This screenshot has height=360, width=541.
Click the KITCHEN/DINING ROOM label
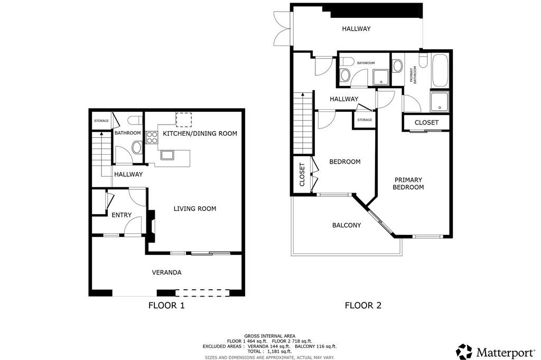click(x=200, y=134)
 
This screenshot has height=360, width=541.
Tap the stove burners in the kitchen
click(x=152, y=138)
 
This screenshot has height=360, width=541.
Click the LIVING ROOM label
click(x=195, y=209)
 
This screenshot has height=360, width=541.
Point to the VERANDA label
click(x=167, y=272)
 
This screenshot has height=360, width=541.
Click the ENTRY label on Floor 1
click(x=122, y=215)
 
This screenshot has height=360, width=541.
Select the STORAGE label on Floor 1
click(x=101, y=121)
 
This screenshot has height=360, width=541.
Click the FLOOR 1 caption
click(x=166, y=305)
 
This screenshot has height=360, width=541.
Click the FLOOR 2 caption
click(x=363, y=305)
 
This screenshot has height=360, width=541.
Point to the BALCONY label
click(x=347, y=225)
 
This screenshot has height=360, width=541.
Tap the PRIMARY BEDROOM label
click(x=409, y=184)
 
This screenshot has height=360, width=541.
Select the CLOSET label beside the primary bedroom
click(x=426, y=122)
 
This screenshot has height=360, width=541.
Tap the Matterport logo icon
click(x=464, y=352)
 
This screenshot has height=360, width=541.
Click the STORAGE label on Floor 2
click(x=365, y=120)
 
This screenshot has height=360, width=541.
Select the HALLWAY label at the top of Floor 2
click(x=356, y=29)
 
